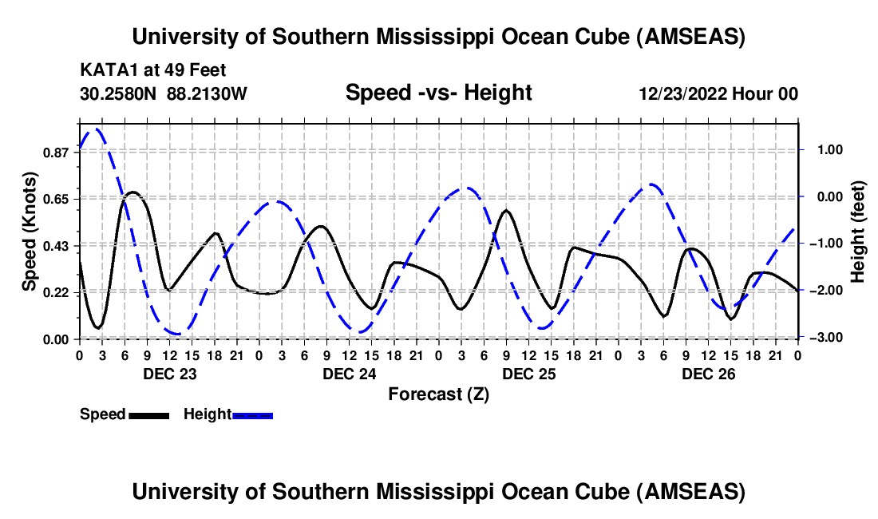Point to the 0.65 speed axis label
pos(57,198)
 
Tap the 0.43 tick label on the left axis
pos(57,245)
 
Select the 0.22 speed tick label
pos(57,292)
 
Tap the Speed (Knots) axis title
pos(29,232)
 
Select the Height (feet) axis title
pos(858,232)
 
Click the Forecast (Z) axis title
pos(438,394)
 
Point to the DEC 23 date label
pos(168,374)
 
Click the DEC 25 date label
pos(528,374)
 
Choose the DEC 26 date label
pos(708,374)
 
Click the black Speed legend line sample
pos(148,415)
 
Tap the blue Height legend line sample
pos(252,415)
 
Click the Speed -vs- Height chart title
pos(438,93)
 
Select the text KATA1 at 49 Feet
pos(152,69)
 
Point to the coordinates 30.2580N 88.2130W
pos(164,93)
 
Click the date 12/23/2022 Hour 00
pos(718,94)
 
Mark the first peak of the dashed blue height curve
pos(97,129)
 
